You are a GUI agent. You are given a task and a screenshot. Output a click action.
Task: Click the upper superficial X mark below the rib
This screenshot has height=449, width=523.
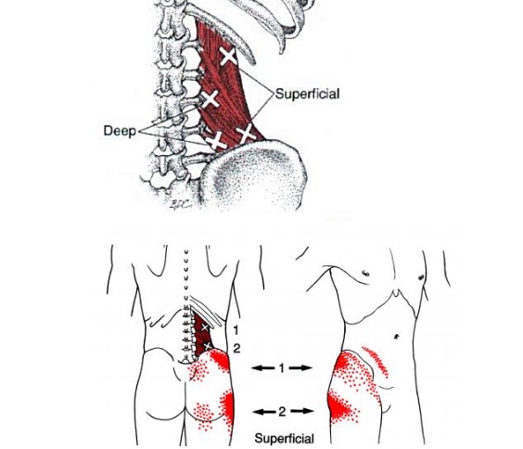[x=228, y=56]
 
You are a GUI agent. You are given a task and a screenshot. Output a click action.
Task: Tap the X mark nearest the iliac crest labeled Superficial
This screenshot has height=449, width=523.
[x=246, y=134]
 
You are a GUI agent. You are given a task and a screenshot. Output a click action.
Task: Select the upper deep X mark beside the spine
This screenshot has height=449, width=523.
[x=210, y=98]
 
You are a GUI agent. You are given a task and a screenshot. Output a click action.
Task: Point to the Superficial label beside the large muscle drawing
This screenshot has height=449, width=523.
[x=308, y=94]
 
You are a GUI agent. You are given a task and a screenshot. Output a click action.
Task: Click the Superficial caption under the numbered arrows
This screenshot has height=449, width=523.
[x=284, y=438]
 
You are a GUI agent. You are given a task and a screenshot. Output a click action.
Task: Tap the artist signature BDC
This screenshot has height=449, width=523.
[x=181, y=204]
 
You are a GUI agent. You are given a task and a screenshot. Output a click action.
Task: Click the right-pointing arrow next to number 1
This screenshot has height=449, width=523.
[x=300, y=368]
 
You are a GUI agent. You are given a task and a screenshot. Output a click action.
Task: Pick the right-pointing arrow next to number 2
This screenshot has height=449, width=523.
[x=301, y=411]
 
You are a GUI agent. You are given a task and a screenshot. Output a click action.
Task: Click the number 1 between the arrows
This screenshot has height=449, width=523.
[x=282, y=368]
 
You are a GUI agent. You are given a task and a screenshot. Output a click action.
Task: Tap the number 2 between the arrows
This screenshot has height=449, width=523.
[x=282, y=412]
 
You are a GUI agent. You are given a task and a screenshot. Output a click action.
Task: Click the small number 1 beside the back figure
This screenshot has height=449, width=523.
[x=236, y=330]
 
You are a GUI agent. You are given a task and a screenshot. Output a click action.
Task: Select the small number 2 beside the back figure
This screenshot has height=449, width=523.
[x=236, y=349]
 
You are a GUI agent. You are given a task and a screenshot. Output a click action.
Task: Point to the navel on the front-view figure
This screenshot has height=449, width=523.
[x=397, y=336]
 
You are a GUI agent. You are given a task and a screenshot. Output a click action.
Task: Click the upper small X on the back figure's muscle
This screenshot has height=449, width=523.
[x=205, y=327]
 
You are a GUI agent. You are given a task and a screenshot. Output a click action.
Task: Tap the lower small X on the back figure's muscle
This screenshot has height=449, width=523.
[x=208, y=346]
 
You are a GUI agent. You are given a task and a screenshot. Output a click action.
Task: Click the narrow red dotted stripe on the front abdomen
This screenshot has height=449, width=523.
[x=376, y=362]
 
